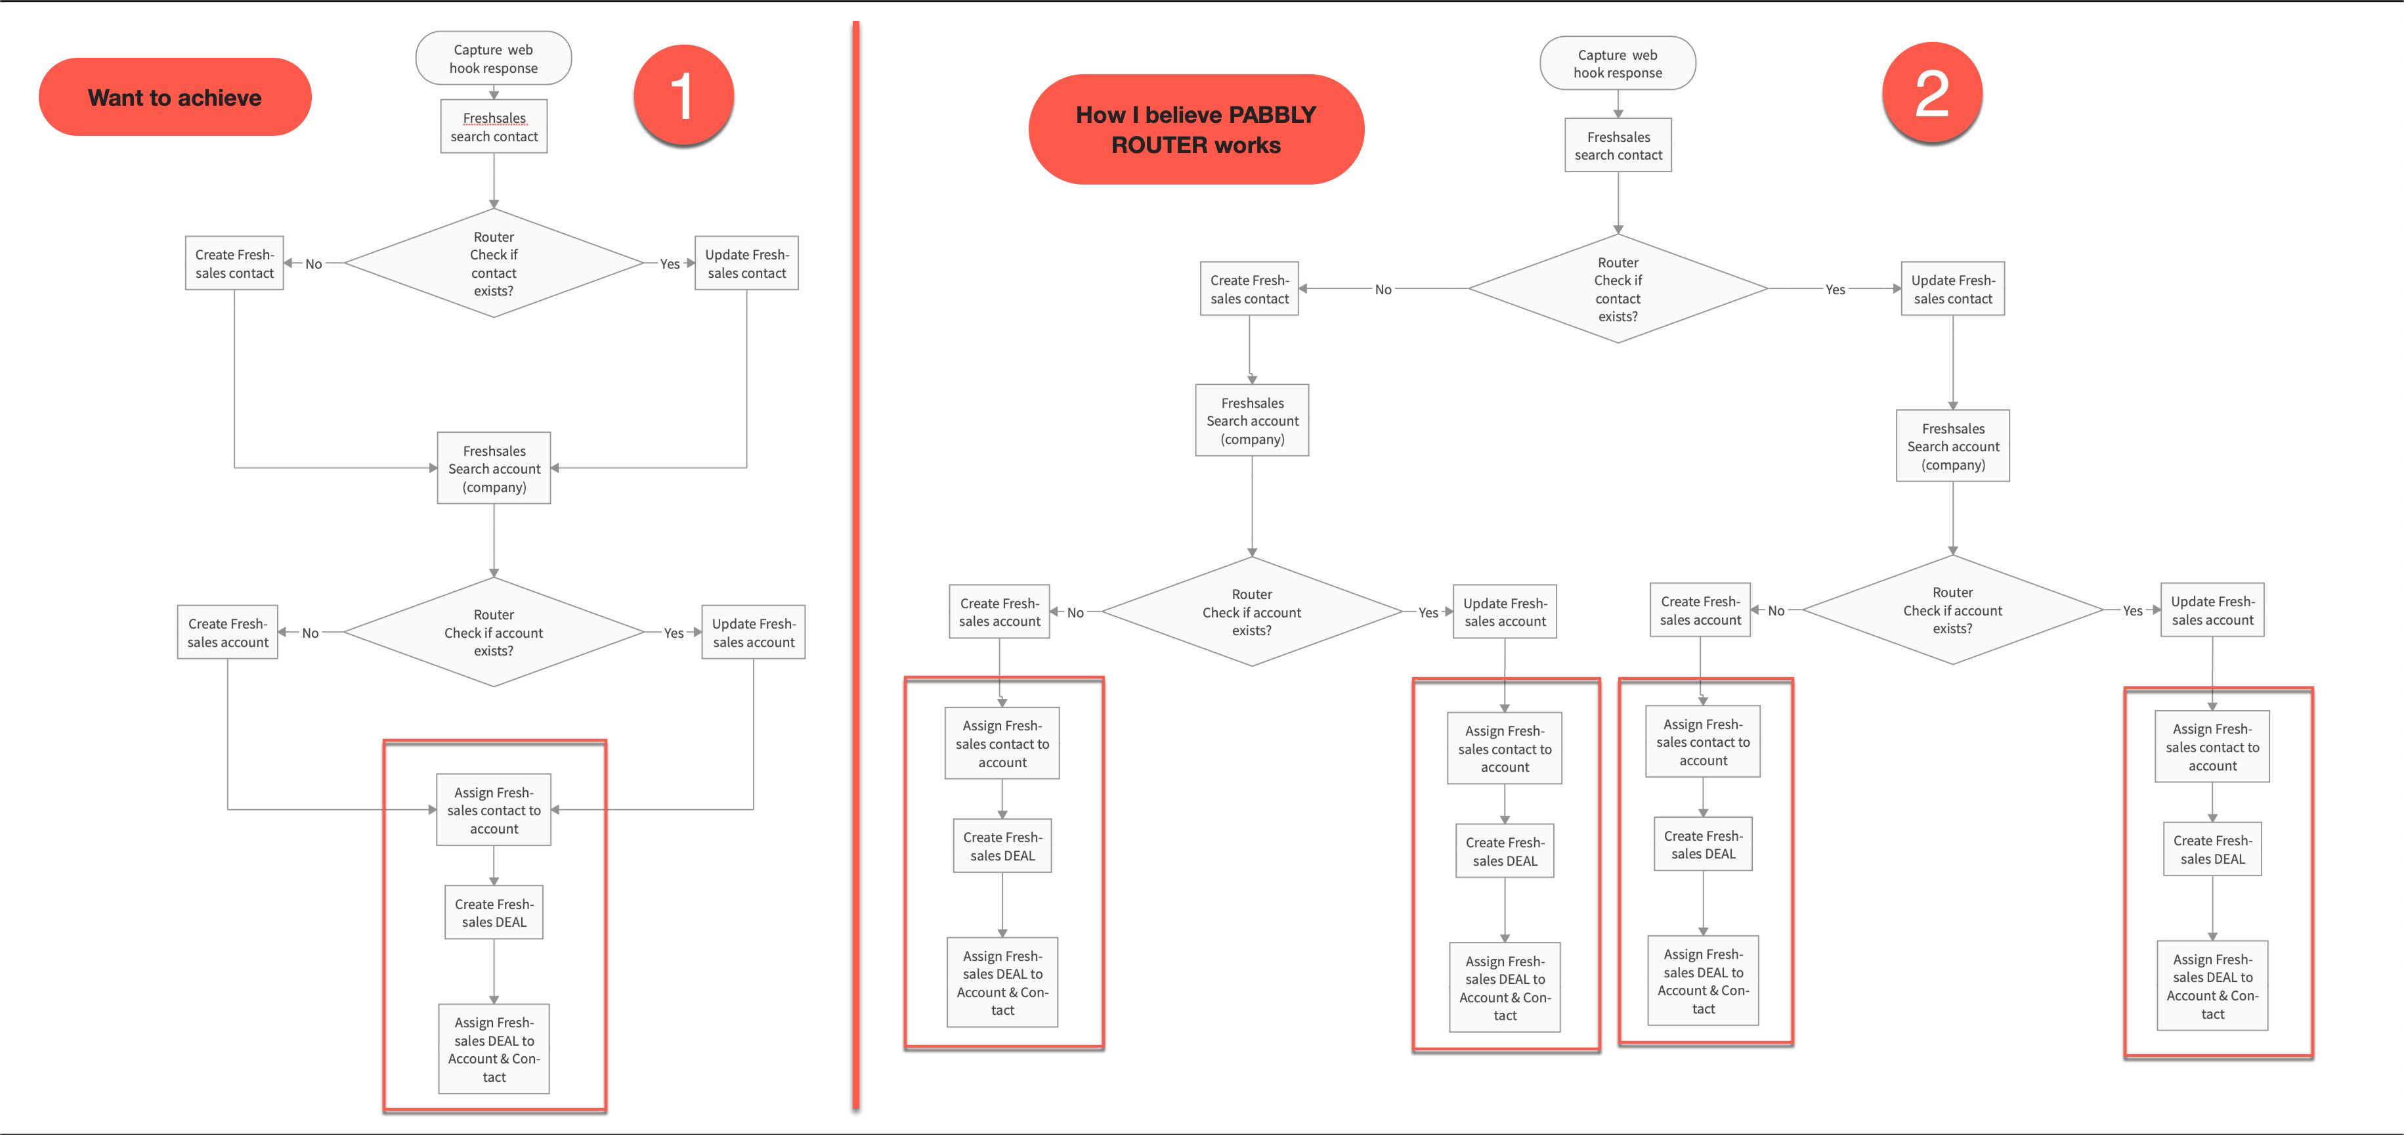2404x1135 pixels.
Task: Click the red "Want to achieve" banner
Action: pyautogui.click(x=175, y=97)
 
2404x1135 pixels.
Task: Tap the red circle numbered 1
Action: pyautogui.click(x=683, y=95)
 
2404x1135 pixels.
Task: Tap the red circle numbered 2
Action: pyautogui.click(x=1932, y=93)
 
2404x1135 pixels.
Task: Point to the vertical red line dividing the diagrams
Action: pyautogui.click(x=855, y=566)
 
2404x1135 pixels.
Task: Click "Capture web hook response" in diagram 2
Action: pyautogui.click(x=1618, y=64)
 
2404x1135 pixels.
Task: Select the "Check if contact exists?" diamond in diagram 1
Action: pyautogui.click(x=494, y=263)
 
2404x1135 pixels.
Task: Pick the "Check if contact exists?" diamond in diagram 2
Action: pyautogui.click(x=1618, y=288)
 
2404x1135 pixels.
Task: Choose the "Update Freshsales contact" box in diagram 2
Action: pyautogui.click(x=1952, y=288)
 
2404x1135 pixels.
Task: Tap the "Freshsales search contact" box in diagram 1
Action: pyautogui.click(x=494, y=126)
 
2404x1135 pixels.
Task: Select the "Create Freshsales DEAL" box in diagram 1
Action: pyautogui.click(x=494, y=912)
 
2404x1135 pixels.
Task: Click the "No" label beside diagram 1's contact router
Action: pyautogui.click(x=314, y=264)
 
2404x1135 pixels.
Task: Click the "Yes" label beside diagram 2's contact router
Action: pyautogui.click(x=1835, y=290)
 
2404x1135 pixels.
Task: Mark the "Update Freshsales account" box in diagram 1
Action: pyautogui.click(x=753, y=632)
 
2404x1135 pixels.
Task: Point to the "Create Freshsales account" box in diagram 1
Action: pyautogui.click(x=228, y=632)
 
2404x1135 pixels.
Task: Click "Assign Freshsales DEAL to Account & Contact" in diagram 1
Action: pyautogui.click(x=494, y=1048)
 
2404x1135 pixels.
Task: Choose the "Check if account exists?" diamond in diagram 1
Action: pyautogui.click(x=494, y=632)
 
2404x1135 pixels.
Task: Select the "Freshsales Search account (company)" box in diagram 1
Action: pyautogui.click(x=494, y=468)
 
